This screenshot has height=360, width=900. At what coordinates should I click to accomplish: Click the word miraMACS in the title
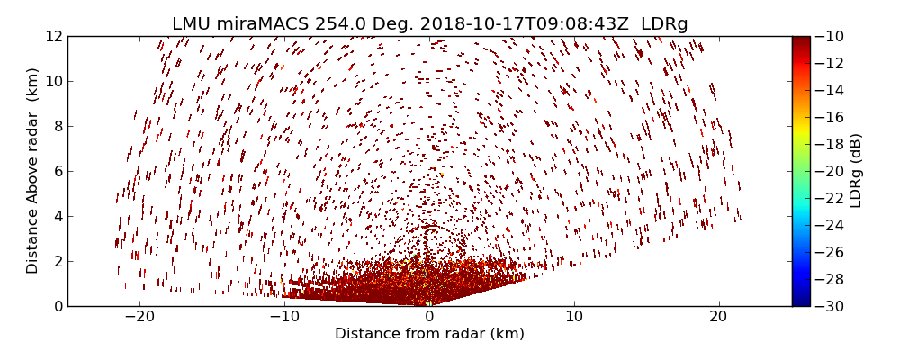[x=265, y=24]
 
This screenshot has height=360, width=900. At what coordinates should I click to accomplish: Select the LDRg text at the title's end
[x=664, y=24]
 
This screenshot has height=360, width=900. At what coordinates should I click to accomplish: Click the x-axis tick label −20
[x=139, y=317]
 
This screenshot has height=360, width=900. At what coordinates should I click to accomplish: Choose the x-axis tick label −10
[x=284, y=317]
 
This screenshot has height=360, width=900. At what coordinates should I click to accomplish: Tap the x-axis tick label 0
[x=429, y=317]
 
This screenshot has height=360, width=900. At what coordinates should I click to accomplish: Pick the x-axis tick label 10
[x=574, y=317]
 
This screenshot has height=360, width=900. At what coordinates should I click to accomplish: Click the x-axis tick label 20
[x=718, y=317]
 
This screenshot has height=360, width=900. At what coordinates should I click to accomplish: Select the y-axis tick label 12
[x=53, y=37]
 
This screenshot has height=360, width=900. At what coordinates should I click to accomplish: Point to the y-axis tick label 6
[x=57, y=171]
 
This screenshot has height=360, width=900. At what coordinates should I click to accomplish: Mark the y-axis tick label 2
[x=57, y=261]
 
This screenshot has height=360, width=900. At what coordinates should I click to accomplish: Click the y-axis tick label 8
[x=57, y=126]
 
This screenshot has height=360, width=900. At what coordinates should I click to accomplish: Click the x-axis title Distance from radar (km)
[x=429, y=334]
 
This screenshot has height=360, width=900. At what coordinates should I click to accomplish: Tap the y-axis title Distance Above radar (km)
[x=33, y=171]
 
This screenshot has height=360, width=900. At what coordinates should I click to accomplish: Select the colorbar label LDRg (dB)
[x=856, y=171]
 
